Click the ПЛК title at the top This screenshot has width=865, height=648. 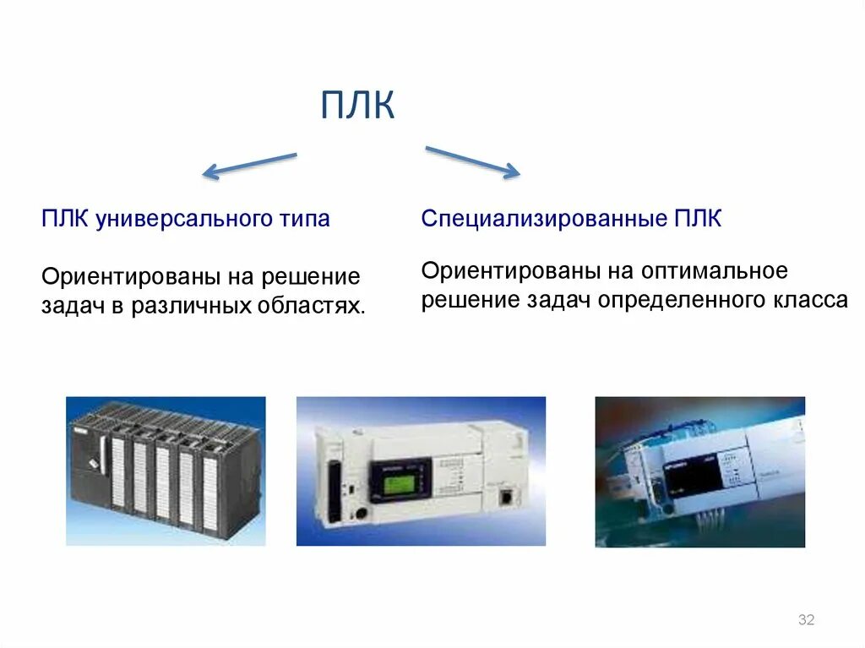[358, 107]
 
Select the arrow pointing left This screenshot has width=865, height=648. [250, 166]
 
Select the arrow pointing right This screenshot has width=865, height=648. [471, 162]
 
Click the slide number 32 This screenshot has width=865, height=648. [806, 621]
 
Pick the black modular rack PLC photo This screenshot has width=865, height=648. [166, 471]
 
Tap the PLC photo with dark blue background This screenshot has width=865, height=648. [699, 471]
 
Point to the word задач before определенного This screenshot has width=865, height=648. [561, 301]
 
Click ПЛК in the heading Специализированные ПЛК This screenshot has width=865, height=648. [698, 221]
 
